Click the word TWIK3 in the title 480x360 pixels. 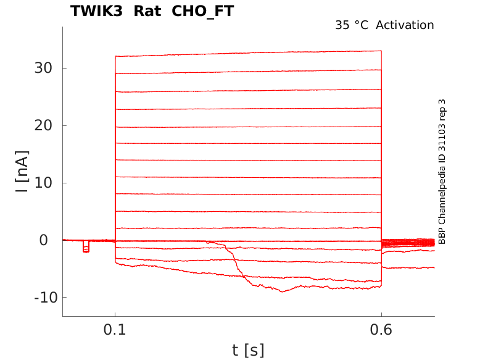(x=96, y=11)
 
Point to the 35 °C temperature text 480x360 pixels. (x=352, y=25)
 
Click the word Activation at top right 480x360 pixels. (x=405, y=25)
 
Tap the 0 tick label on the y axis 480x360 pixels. (x=44, y=240)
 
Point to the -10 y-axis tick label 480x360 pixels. (x=37, y=298)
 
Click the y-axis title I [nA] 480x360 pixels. (x=22, y=171)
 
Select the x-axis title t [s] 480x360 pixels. (x=248, y=351)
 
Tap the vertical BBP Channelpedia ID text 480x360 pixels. (x=442, y=172)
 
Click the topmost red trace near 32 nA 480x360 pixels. (x=247, y=54)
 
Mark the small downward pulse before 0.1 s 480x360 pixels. (x=86, y=248)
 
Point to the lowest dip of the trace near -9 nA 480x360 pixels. (x=283, y=291)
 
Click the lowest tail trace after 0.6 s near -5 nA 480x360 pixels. (x=407, y=267)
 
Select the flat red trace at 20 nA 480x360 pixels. (x=247, y=127)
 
